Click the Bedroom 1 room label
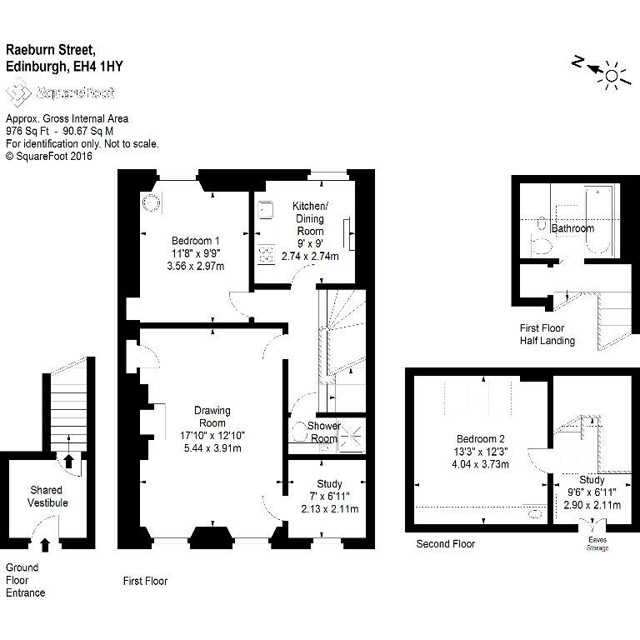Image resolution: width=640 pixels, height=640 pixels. coord(196,240)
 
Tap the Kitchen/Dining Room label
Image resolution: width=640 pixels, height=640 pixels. coord(310,218)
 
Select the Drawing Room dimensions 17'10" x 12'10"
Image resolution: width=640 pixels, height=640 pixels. coord(212,436)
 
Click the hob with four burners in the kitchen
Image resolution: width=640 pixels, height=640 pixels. coord(266,255)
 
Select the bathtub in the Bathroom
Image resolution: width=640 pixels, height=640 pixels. coord(598,221)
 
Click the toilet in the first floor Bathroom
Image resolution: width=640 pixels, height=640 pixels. coord(540,246)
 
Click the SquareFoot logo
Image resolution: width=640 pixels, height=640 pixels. coord(60,92)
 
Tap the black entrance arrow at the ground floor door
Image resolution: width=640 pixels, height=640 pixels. coord(45,545)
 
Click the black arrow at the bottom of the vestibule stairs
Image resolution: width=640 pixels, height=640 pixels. coord(68,461)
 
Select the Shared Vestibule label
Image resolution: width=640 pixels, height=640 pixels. coord(47,497)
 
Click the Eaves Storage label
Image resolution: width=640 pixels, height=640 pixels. coord(597,543)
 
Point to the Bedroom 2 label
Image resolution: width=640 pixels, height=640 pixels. coord(480,439)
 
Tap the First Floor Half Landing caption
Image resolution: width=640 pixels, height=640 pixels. coord(547,334)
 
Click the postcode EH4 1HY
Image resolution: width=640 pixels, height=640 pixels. coord(98,66)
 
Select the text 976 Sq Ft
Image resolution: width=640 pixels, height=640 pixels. coord(27,131)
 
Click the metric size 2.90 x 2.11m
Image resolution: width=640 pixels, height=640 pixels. coord(592,505)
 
